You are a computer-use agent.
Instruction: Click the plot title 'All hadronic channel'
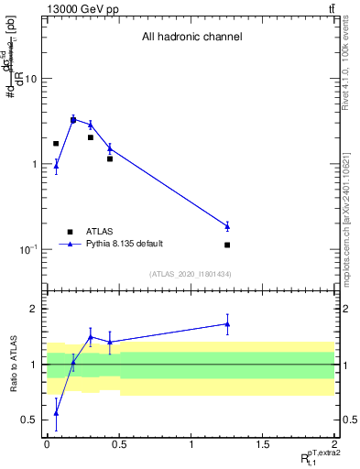pyautogui.click(x=191, y=38)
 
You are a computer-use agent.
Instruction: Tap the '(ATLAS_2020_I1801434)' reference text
pyautogui.click(x=191, y=274)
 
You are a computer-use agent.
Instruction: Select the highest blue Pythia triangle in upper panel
pyautogui.click(x=73, y=119)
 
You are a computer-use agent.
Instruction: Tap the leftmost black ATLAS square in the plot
pyautogui.click(x=56, y=144)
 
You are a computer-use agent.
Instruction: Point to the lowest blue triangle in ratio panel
pyautogui.click(x=56, y=413)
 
